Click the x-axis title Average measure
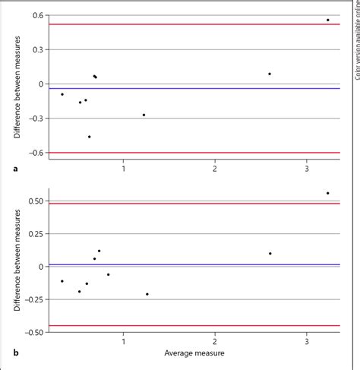(194, 353)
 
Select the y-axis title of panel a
(17, 84)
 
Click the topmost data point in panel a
(328, 20)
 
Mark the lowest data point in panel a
(90, 137)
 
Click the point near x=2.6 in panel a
(270, 74)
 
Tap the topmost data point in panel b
(328, 193)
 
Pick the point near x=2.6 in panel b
(270, 254)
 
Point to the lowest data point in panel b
(147, 294)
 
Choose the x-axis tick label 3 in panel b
(307, 342)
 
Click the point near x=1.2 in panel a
(144, 115)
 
